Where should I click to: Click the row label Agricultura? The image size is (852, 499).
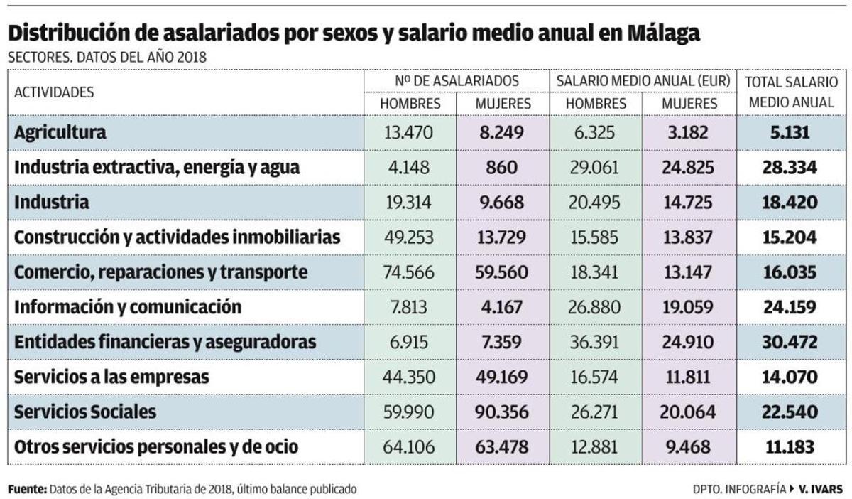(x=60, y=132)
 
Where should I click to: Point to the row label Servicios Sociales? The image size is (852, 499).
(x=84, y=412)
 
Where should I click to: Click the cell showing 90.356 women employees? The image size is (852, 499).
(x=503, y=412)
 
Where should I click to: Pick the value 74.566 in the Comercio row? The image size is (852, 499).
(x=410, y=272)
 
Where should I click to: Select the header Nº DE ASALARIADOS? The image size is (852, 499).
(x=457, y=81)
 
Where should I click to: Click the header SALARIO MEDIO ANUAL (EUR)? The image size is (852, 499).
(x=643, y=81)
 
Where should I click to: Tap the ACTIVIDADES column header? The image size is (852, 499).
(x=54, y=92)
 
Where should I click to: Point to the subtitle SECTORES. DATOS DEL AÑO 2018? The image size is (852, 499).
(x=107, y=58)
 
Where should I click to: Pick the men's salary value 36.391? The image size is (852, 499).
(x=596, y=342)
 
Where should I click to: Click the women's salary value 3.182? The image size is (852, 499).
(x=689, y=132)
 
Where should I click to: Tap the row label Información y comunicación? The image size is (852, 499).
(x=128, y=307)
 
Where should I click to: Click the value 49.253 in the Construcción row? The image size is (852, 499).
(x=410, y=237)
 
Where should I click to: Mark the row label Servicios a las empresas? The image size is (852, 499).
(x=111, y=377)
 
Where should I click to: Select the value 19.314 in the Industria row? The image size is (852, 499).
(x=410, y=202)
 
